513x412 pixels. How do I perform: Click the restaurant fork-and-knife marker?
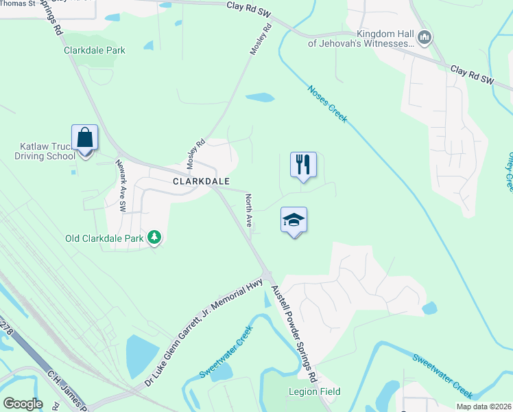(303, 165)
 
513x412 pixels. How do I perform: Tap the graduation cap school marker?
(294, 220)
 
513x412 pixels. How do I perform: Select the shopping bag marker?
(85, 138)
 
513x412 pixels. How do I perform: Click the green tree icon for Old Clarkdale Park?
(156, 238)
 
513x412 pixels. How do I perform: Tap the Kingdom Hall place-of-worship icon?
(425, 37)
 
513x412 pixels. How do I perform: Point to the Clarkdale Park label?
(95, 50)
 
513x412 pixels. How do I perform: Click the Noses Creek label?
(328, 104)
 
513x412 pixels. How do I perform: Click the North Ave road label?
(249, 209)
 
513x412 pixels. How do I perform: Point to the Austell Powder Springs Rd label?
(293, 334)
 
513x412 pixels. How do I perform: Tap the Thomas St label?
(18, 3)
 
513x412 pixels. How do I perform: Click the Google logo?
(23, 404)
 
